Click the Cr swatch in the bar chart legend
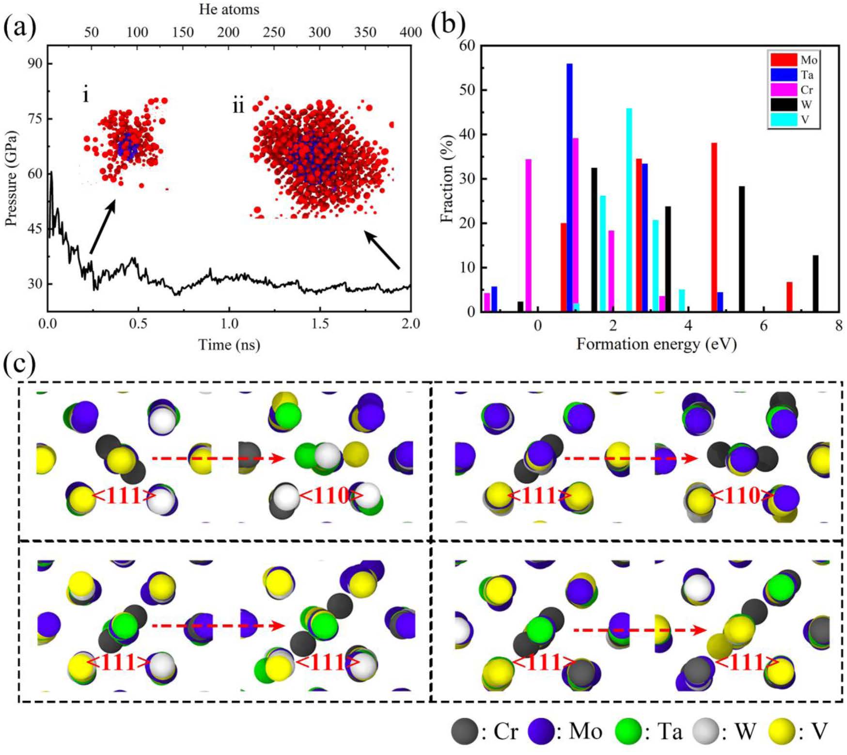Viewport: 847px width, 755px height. click(x=784, y=90)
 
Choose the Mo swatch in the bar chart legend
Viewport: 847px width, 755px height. click(x=784, y=60)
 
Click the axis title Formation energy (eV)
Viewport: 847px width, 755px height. click(x=657, y=345)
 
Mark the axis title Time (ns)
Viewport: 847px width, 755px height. click(x=229, y=345)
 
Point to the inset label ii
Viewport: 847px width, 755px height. click(x=238, y=106)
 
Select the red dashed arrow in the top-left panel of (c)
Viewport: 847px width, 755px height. click(x=218, y=458)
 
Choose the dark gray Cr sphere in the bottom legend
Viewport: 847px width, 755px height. click(x=464, y=731)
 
